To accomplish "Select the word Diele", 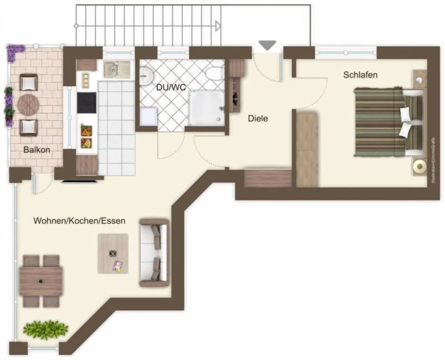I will [x=258, y=119].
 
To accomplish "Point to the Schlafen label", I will [x=360, y=75].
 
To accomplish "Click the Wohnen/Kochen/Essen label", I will [x=79, y=221].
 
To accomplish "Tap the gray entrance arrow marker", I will [x=267, y=46].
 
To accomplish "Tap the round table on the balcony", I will [x=28, y=104].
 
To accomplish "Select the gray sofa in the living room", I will [x=154, y=252].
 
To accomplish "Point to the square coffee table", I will [x=114, y=253].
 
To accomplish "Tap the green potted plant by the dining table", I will [x=46, y=329].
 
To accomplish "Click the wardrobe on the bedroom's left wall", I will [x=306, y=148].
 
